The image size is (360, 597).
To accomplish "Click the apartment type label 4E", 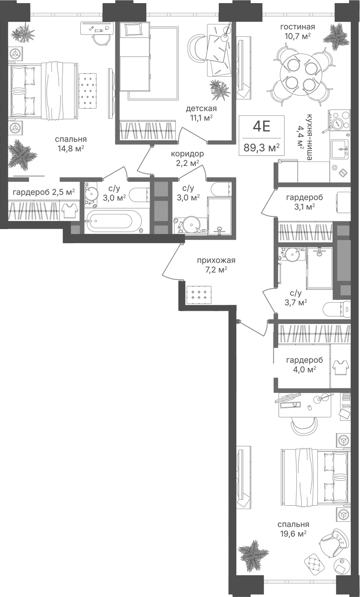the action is click(261, 126).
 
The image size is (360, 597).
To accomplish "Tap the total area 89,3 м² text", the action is click(261, 147).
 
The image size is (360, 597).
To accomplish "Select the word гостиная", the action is click(297, 27).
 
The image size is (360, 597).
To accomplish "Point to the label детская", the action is click(201, 109).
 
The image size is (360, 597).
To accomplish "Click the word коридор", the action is click(187, 154).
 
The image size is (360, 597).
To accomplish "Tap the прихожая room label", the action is click(216, 260).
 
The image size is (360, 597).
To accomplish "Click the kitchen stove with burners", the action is click(339, 120).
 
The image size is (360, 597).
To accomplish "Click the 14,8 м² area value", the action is click(71, 148).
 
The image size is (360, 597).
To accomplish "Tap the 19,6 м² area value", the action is click(293, 533).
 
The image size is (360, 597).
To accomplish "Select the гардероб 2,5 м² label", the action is click(44, 192).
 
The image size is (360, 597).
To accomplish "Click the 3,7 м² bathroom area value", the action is click(295, 303).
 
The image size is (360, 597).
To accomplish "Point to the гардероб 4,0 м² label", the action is click(305, 365).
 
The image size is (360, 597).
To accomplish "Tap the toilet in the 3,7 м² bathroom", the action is click(336, 309).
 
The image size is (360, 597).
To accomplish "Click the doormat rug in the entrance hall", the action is click(199, 294).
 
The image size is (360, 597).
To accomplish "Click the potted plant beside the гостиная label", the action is click(336, 36).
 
